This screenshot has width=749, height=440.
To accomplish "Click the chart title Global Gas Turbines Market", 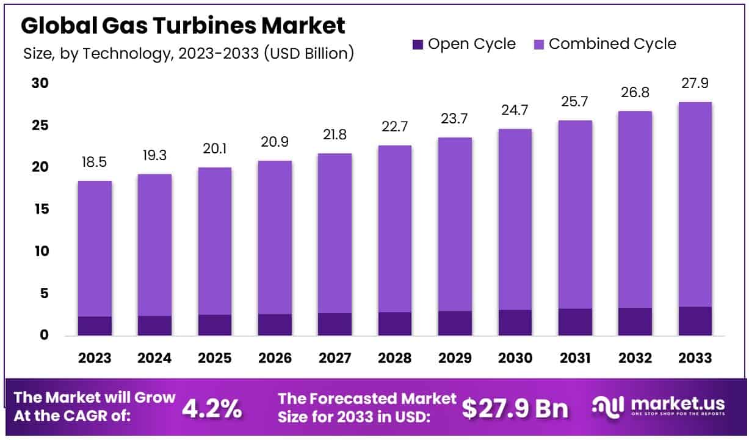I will pyautogui.click(x=183, y=25).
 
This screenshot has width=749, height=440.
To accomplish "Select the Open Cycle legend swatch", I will pyautogui.click(x=418, y=44).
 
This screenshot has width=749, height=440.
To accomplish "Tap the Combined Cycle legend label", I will pyautogui.click(x=612, y=44).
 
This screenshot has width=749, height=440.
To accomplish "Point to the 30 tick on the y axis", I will pyautogui.click(x=40, y=83).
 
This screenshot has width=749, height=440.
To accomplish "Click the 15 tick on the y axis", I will pyautogui.click(x=40, y=210).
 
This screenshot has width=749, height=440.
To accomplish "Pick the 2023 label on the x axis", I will pyautogui.click(x=95, y=358).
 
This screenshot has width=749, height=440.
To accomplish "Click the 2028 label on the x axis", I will pyautogui.click(x=395, y=358).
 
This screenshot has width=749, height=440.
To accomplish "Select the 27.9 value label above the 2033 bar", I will pyautogui.click(x=695, y=84).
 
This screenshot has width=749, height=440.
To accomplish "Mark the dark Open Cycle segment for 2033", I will pyautogui.click(x=695, y=321).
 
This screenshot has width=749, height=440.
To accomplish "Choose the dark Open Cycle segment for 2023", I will pyautogui.click(x=95, y=326).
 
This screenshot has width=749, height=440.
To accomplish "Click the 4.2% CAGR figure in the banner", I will pyautogui.click(x=211, y=408).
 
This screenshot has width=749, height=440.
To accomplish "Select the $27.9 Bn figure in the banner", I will pyautogui.click(x=515, y=408).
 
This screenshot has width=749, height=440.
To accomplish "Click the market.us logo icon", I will pyautogui.click(x=608, y=406).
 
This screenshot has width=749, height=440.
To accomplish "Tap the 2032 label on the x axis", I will pyautogui.click(x=635, y=358).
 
